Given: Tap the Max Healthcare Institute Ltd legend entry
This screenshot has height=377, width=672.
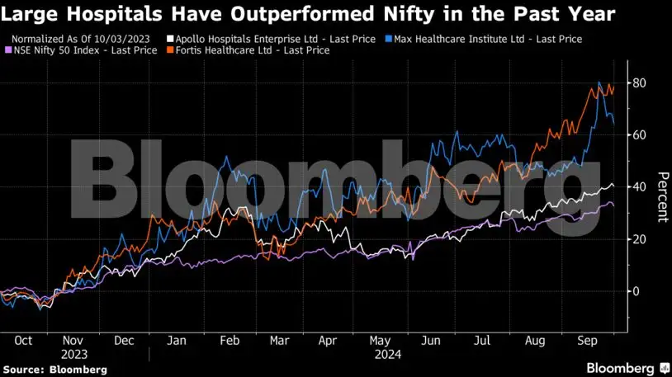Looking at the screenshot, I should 487,39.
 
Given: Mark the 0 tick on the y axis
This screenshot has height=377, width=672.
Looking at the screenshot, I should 636,291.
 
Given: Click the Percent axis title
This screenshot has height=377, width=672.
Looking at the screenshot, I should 661,196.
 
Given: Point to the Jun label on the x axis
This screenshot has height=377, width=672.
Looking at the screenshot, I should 431,339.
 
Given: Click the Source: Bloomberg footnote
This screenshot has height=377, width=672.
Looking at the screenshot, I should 54,370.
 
